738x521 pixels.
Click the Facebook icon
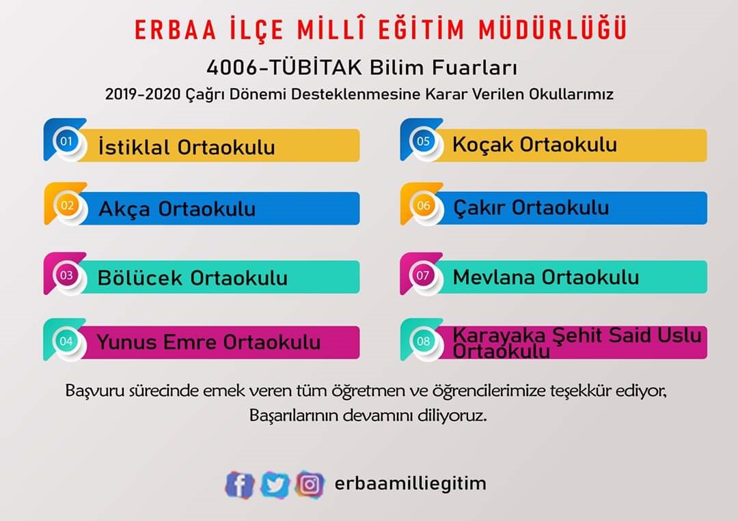pos(240,484)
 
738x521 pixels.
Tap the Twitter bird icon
pos(275,484)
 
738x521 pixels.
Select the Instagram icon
pos(310,484)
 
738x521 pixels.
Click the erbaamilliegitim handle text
pos(410,483)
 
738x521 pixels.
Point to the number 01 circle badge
pos(66,141)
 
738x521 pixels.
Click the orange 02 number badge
pos(67,206)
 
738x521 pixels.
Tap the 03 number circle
pos(66,274)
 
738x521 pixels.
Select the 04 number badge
pos(66,341)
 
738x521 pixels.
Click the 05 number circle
pos(423,141)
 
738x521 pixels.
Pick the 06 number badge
pos(423,206)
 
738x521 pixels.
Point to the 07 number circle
pos(423,275)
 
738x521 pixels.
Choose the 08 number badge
pos(423,341)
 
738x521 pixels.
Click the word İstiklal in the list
pos(134,145)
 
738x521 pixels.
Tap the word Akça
pos(124,210)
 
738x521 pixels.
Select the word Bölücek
pos(140,277)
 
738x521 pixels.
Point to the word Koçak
pos(483,145)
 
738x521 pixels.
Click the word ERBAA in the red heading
pos(175,29)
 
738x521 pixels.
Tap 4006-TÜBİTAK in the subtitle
pos(284,68)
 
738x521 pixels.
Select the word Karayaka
pos(499,336)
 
